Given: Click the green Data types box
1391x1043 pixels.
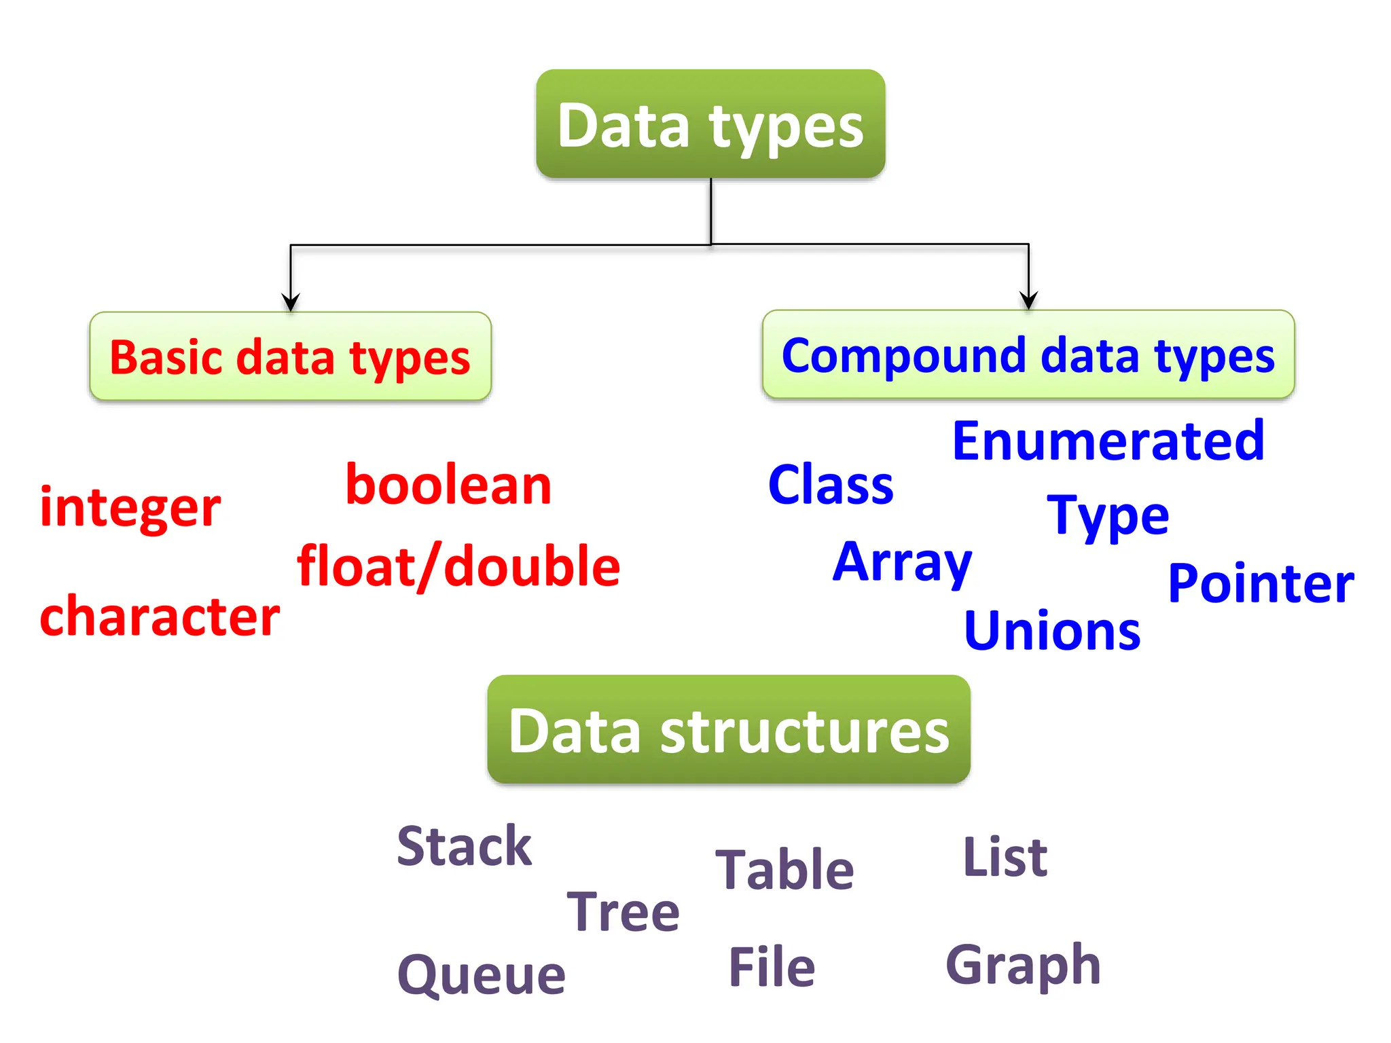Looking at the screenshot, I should coord(710,124).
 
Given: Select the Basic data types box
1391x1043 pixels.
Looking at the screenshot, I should coord(290,356).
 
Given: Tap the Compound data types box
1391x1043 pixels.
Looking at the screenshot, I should coord(1028,354).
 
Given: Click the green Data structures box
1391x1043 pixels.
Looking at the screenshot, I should coord(729,730).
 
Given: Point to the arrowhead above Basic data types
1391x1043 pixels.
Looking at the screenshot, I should coord(291,303).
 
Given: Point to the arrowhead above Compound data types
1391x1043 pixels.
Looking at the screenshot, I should coord(1028,301).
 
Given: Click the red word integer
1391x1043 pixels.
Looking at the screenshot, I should coord(130,507).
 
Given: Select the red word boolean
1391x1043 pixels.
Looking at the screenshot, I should coord(448,486).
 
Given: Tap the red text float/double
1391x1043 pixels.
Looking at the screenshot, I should coord(458,566).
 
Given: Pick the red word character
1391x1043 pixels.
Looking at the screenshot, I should coord(160,616).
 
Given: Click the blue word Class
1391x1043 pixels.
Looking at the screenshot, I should coord(831,485).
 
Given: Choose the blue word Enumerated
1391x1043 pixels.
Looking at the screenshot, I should coord(1108,441).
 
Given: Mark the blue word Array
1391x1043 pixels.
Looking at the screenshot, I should coord(903,563).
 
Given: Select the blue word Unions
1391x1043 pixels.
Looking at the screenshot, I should coord(1052,632).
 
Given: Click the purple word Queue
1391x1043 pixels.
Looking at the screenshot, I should coord(481,974).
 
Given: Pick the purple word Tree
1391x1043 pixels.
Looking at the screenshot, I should coord(623,911).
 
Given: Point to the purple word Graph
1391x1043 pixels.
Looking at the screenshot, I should coord(1023,965).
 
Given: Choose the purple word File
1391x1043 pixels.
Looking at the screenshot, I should coord(772,967).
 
